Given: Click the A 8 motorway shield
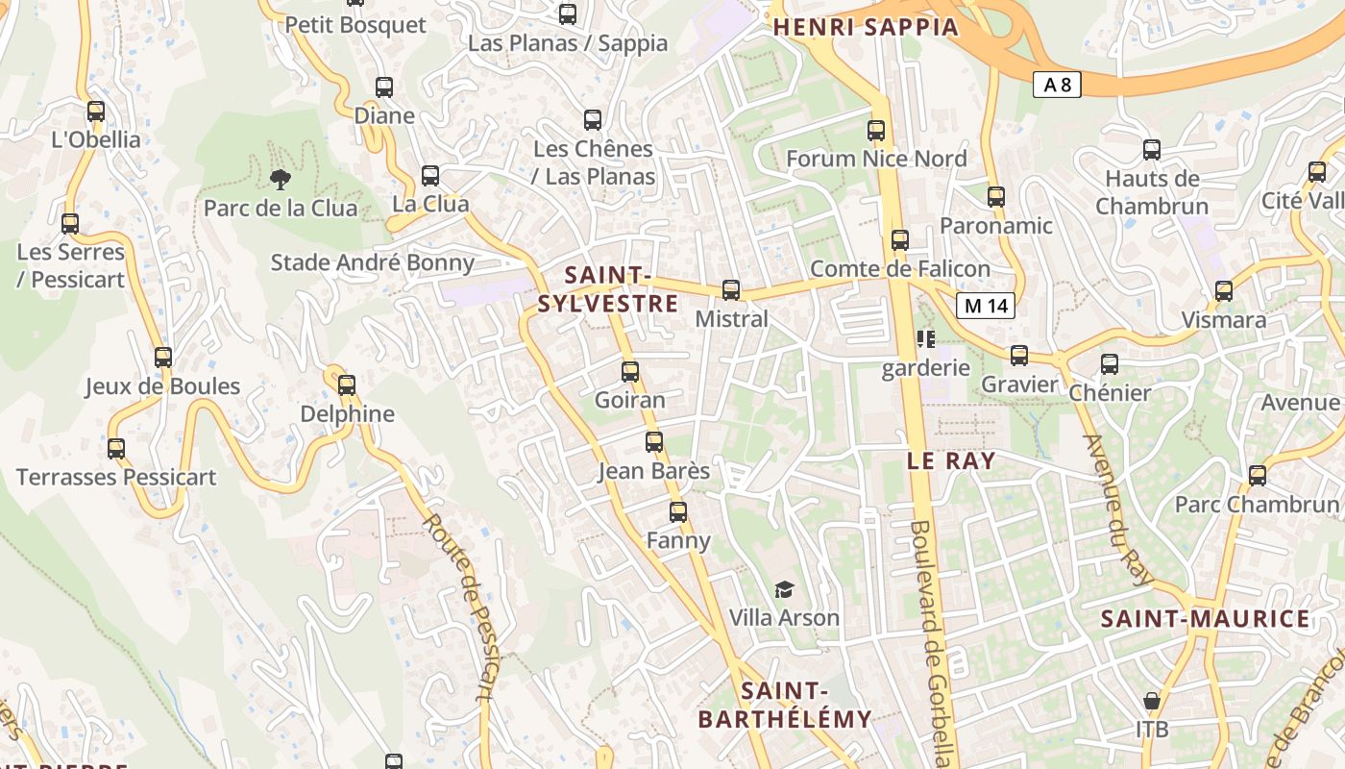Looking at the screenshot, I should click(1057, 85).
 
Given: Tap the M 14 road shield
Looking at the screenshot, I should click(986, 306).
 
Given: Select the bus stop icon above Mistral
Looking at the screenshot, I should click(731, 289).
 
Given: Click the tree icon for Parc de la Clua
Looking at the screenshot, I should click(281, 179).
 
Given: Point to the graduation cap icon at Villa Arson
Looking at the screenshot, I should click(785, 589).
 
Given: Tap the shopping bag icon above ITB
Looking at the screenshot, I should click(1152, 701).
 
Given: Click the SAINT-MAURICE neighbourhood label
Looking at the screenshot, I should click(1205, 618).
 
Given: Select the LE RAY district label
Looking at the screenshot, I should click(951, 460).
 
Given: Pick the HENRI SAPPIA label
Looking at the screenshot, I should click(866, 27).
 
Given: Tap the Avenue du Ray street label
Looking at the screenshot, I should click(1116, 509).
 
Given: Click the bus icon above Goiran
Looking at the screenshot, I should click(630, 371).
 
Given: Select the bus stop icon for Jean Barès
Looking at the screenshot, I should click(654, 442).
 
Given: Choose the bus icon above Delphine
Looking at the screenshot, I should click(347, 384).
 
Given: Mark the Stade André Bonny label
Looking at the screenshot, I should click(373, 262).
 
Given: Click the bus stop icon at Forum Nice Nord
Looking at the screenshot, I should click(876, 130).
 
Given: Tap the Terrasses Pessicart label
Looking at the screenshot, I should click(116, 477).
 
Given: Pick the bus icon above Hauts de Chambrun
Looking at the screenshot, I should click(1152, 150).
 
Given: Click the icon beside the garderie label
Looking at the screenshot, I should click(926, 338).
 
